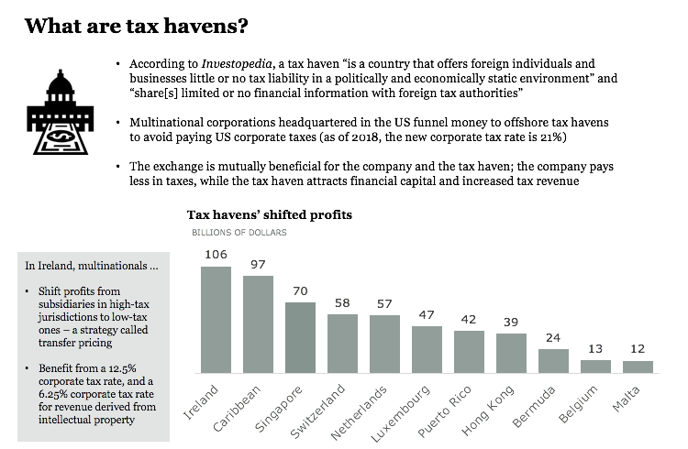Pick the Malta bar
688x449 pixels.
(638, 367)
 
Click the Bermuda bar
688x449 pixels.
(553, 361)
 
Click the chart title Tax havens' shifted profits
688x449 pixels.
(270, 214)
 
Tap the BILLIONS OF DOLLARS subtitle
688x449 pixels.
(239, 233)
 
